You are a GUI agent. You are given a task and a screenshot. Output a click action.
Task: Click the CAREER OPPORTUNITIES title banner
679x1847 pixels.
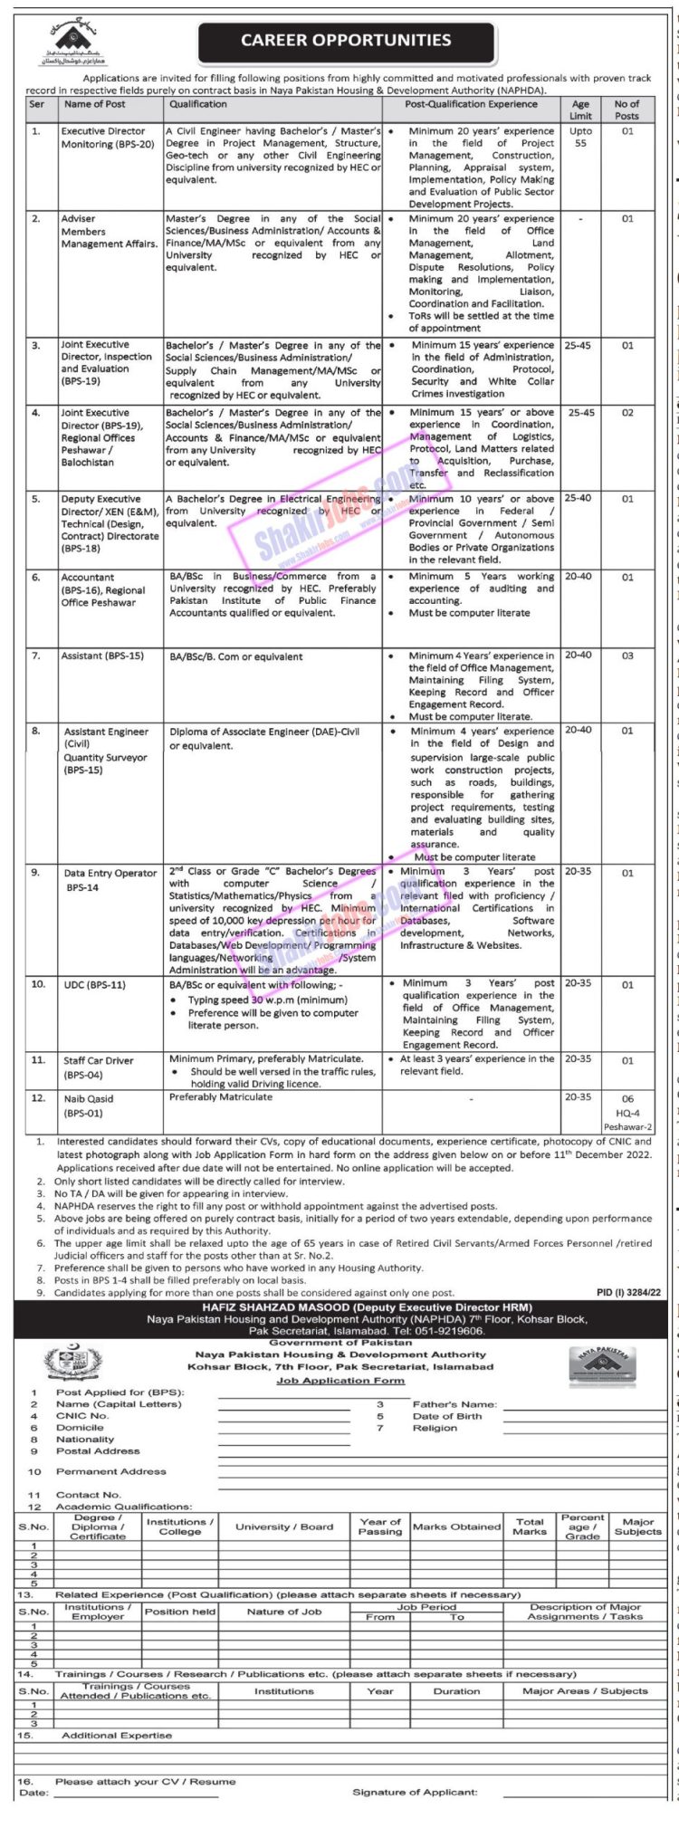pos(346,42)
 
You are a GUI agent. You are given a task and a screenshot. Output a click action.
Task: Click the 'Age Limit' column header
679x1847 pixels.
pos(580,110)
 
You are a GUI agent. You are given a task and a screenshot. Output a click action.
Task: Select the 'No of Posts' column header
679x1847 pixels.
pos(626,110)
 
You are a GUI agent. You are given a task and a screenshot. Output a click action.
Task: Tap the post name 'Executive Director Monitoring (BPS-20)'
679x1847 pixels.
pos(103,138)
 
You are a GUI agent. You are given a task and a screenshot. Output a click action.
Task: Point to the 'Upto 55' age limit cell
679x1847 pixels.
pos(580,138)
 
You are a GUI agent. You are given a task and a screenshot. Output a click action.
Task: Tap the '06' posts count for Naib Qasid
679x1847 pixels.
pos(627,1097)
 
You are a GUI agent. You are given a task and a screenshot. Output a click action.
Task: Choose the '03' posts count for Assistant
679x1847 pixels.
pos(627,656)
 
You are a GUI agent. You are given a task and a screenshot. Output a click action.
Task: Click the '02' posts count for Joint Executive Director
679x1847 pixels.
pos(627,413)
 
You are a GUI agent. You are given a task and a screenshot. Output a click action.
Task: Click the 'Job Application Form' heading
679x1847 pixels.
pos(328,1381)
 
